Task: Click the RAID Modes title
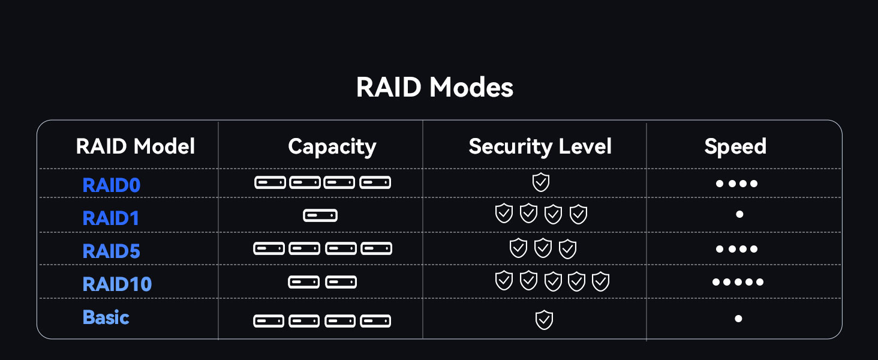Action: coord(435,88)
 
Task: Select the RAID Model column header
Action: coord(136,146)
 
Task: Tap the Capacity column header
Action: coord(332,146)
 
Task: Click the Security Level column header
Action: coord(540,146)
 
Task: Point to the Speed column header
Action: coord(735,146)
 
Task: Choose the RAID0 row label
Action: coord(112,185)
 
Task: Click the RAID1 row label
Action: coord(111,218)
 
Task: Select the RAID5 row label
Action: coord(112,251)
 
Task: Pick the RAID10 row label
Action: coord(117,284)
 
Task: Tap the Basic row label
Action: coord(106,317)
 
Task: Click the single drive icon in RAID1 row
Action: coord(320,215)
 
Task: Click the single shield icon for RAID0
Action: coord(541,182)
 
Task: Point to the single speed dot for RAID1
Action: coord(739,214)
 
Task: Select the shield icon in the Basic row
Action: coord(544,320)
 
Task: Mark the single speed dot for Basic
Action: coord(738,319)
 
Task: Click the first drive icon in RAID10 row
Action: coord(303,282)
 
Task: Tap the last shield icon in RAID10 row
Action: coord(600,281)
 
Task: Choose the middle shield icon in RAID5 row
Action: coord(543,248)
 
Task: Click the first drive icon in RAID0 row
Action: coord(270,182)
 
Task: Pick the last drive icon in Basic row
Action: coord(375,321)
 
